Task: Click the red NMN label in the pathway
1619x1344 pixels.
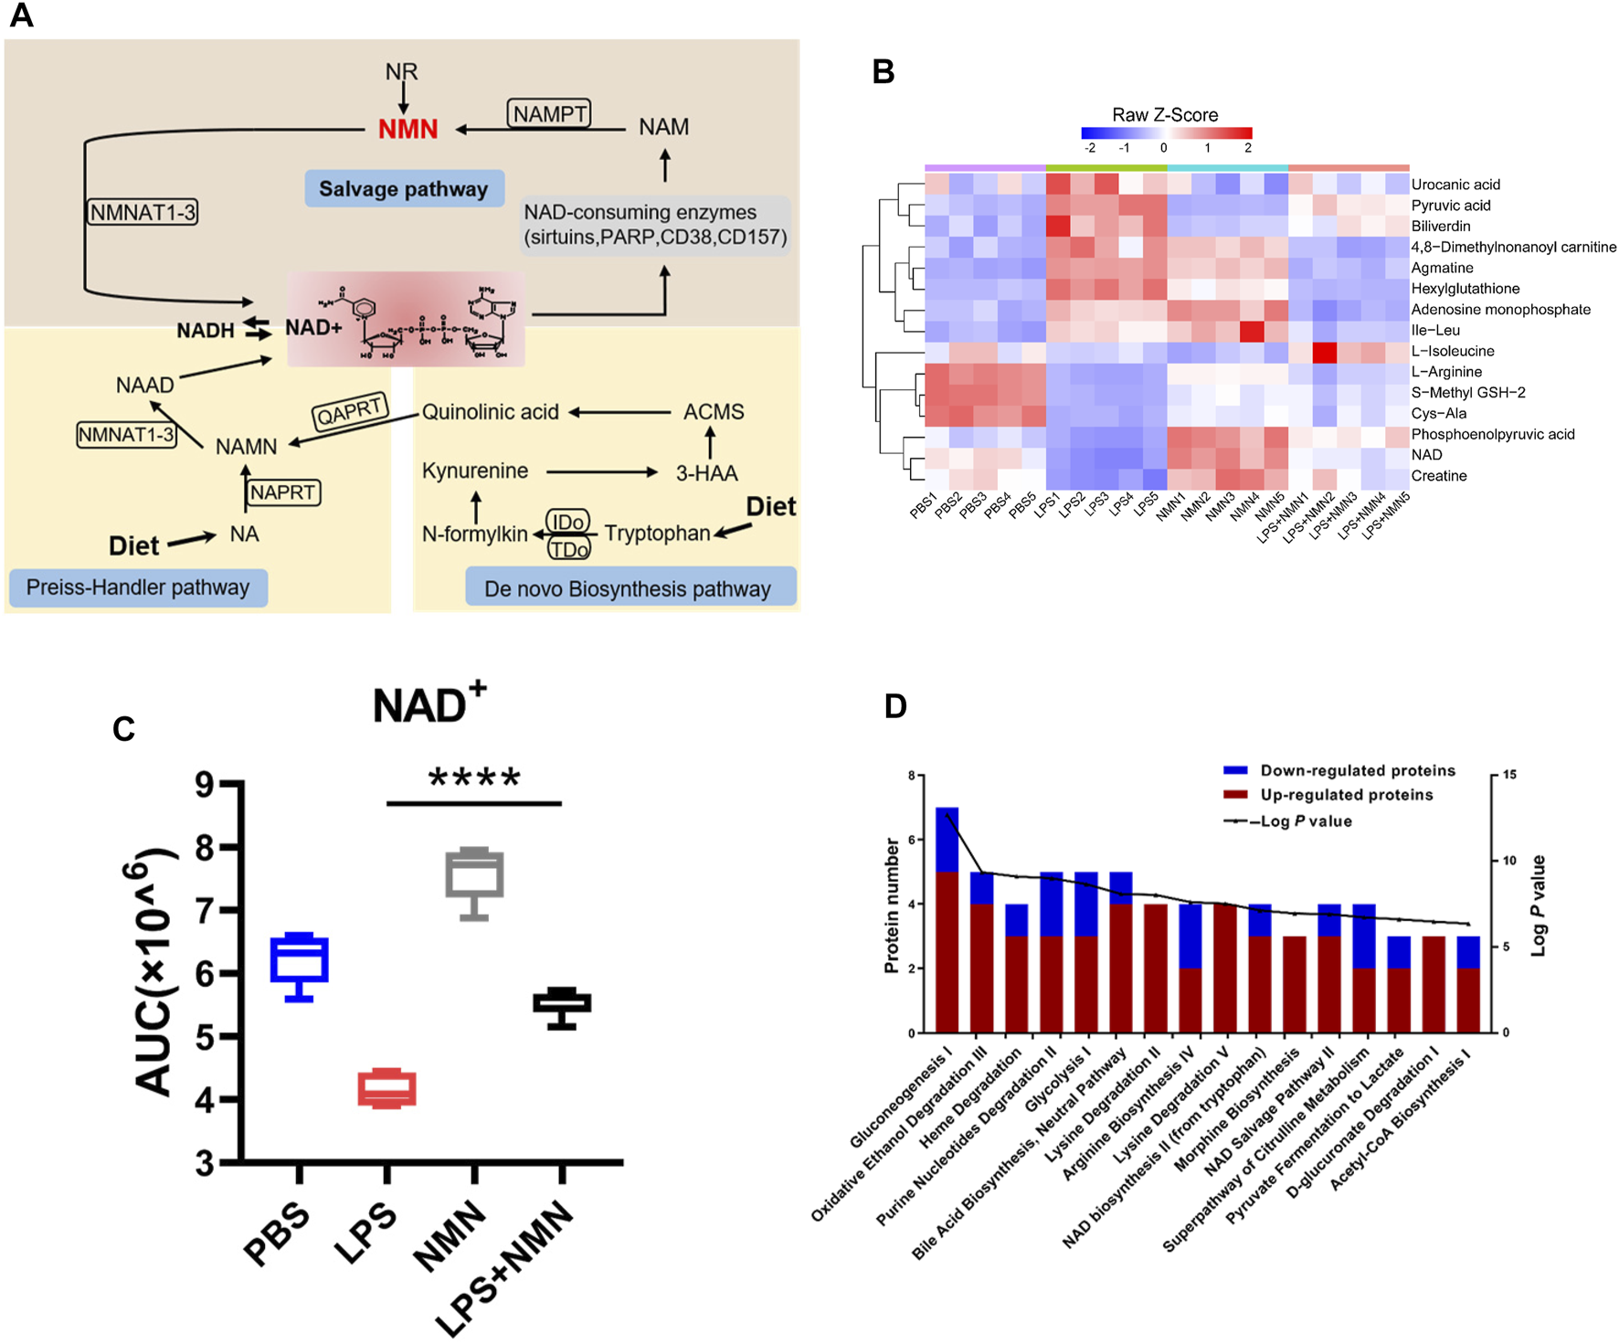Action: [407, 129]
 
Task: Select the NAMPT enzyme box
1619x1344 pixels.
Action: [549, 113]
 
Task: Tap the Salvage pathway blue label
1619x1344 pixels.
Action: [404, 188]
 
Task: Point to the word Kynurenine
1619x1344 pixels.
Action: [475, 471]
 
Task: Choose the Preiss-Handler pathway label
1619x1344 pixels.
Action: [138, 587]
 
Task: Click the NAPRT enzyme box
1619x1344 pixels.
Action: [283, 492]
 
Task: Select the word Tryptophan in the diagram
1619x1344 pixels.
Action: [657, 533]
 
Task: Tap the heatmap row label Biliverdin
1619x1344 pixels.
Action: [1441, 226]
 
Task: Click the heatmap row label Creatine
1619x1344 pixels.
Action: [1439, 475]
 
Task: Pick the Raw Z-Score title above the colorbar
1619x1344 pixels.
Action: [1165, 114]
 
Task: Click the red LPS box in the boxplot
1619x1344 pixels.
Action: [386, 1088]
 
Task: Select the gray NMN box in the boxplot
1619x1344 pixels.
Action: [474, 874]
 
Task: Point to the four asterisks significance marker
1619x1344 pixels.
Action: [474, 778]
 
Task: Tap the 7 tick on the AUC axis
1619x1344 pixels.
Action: [205, 910]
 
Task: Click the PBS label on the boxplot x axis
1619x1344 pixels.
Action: [277, 1234]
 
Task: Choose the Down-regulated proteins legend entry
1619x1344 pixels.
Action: [1358, 770]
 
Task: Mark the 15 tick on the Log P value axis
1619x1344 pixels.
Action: [1509, 775]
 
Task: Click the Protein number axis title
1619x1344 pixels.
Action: [892, 905]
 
